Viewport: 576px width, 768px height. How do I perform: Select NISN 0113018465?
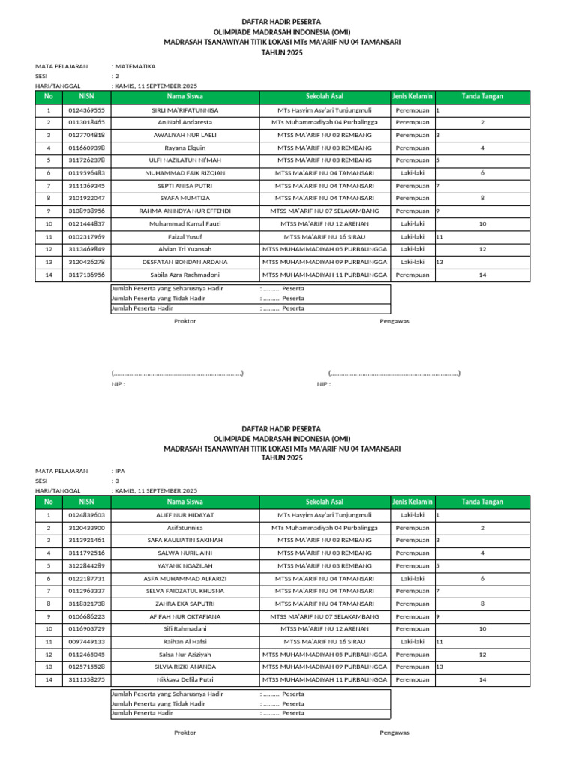(x=86, y=122)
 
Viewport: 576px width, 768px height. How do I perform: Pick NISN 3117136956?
(x=86, y=274)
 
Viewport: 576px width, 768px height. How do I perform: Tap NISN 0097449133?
(x=86, y=642)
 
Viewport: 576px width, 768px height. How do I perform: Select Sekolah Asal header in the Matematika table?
(x=325, y=97)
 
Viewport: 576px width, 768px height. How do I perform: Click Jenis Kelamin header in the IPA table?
(x=412, y=502)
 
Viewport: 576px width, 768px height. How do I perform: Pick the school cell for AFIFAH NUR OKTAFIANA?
(x=325, y=616)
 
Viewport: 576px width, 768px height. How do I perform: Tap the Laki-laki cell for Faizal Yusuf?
(x=412, y=236)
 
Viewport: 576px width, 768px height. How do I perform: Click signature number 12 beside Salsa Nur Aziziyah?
(x=482, y=655)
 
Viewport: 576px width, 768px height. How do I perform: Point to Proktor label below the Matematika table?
(x=184, y=321)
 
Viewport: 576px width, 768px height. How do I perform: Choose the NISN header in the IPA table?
(x=86, y=502)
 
